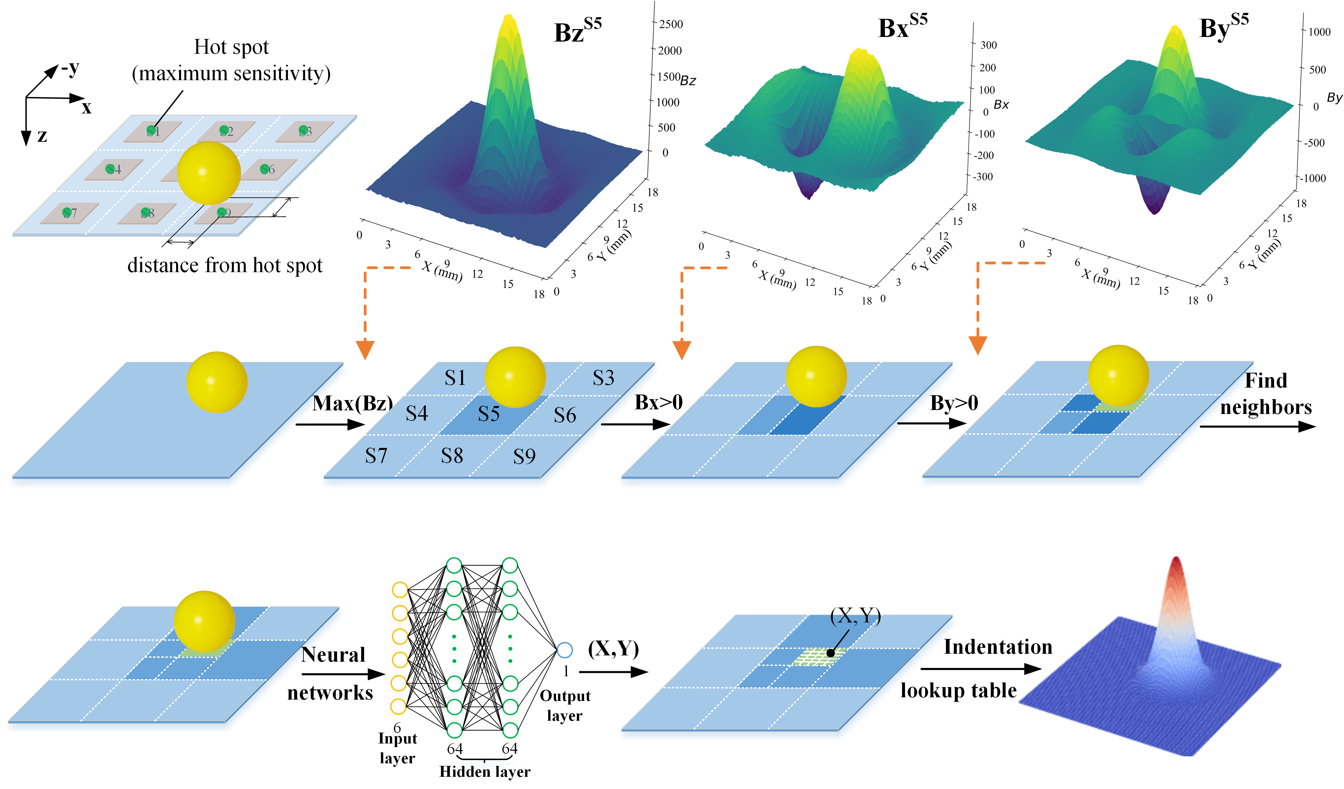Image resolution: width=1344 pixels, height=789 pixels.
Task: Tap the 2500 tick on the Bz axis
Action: (x=671, y=24)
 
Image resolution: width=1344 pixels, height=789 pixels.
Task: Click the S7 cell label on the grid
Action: (x=376, y=456)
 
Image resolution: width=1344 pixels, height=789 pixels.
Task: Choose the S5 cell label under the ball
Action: (x=488, y=414)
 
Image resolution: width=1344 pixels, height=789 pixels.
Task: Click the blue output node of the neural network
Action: (x=564, y=650)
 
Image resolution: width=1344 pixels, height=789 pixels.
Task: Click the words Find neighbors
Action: (x=1266, y=394)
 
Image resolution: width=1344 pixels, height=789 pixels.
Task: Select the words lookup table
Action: (x=958, y=691)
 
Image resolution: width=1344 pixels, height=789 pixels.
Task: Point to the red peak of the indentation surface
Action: (x=1176, y=565)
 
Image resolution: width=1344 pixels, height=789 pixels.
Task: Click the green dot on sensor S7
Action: (x=67, y=213)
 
